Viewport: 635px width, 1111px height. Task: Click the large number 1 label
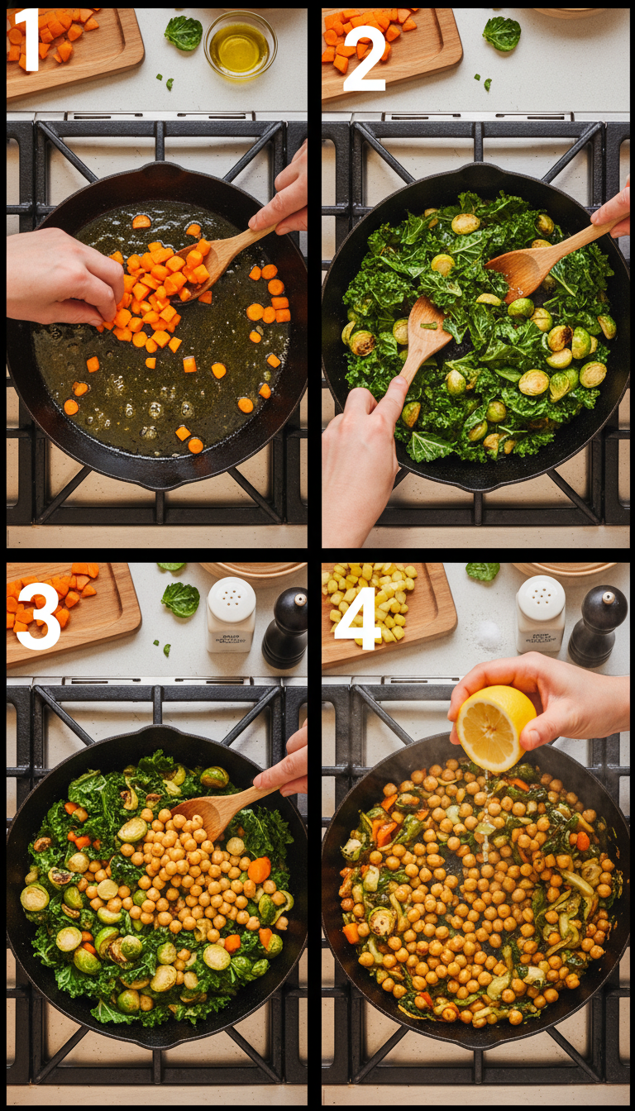tap(27, 39)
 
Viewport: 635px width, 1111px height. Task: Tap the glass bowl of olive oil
tap(240, 45)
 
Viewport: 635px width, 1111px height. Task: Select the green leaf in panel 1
tap(184, 32)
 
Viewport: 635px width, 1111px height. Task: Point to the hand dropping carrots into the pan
tap(62, 277)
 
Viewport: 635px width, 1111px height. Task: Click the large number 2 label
tap(365, 63)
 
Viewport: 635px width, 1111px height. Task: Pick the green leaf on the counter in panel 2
tap(502, 33)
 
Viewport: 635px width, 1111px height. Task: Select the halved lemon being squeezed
tap(494, 727)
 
